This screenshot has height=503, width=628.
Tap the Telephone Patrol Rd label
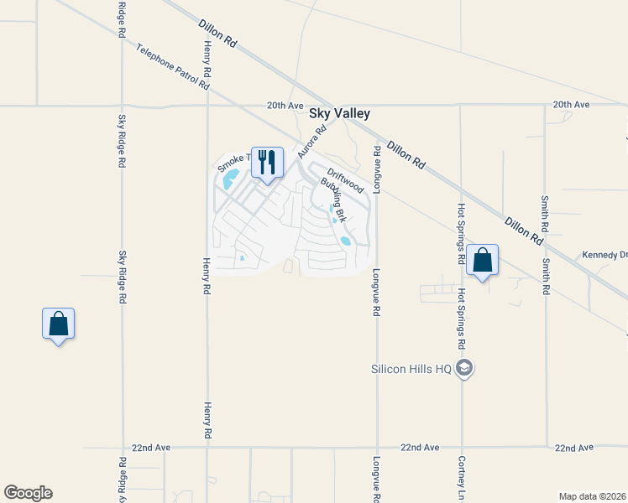click(x=171, y=67)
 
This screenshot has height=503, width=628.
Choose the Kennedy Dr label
click(x=604, y=255)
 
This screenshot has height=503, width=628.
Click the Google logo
click(x=28, y=493)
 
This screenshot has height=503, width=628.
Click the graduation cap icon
click(x=466, y=368)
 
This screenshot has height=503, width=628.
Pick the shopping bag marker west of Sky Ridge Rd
click(x=58, y=324)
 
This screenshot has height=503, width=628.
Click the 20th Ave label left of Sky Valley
click(x=284, y=105)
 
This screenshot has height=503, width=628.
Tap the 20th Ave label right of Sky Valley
click(x=571, y=105)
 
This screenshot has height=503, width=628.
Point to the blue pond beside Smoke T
click(x=231, y=178)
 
